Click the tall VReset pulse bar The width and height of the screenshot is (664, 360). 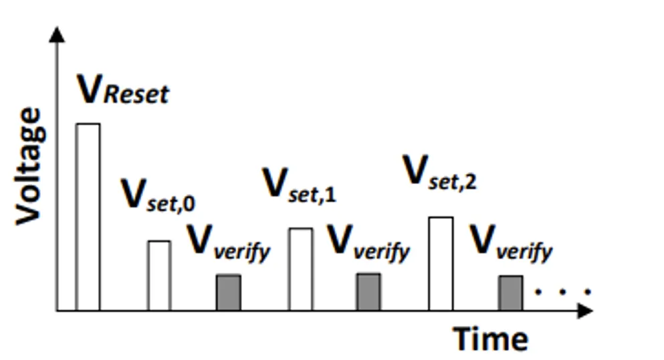[x=88, y=217]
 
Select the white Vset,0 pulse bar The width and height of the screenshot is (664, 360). [x=159, y=276]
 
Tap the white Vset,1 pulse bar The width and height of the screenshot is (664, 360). [x=300, y=269]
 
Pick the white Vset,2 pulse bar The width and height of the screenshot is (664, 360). [x=440, y=264]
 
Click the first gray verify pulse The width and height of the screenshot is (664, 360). [x=228, y=292]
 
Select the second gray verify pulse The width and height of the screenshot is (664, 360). [x=368, y=292]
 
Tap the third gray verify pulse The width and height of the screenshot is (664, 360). [x=510, y=293]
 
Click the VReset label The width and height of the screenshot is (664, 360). [x=123, y=91]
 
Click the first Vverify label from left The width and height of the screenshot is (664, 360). [x=229, y=244]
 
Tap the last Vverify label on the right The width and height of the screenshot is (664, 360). [x=511, y=244]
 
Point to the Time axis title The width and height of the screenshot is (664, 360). [x=491, y=338]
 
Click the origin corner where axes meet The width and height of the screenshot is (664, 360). [x=58, y=310]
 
